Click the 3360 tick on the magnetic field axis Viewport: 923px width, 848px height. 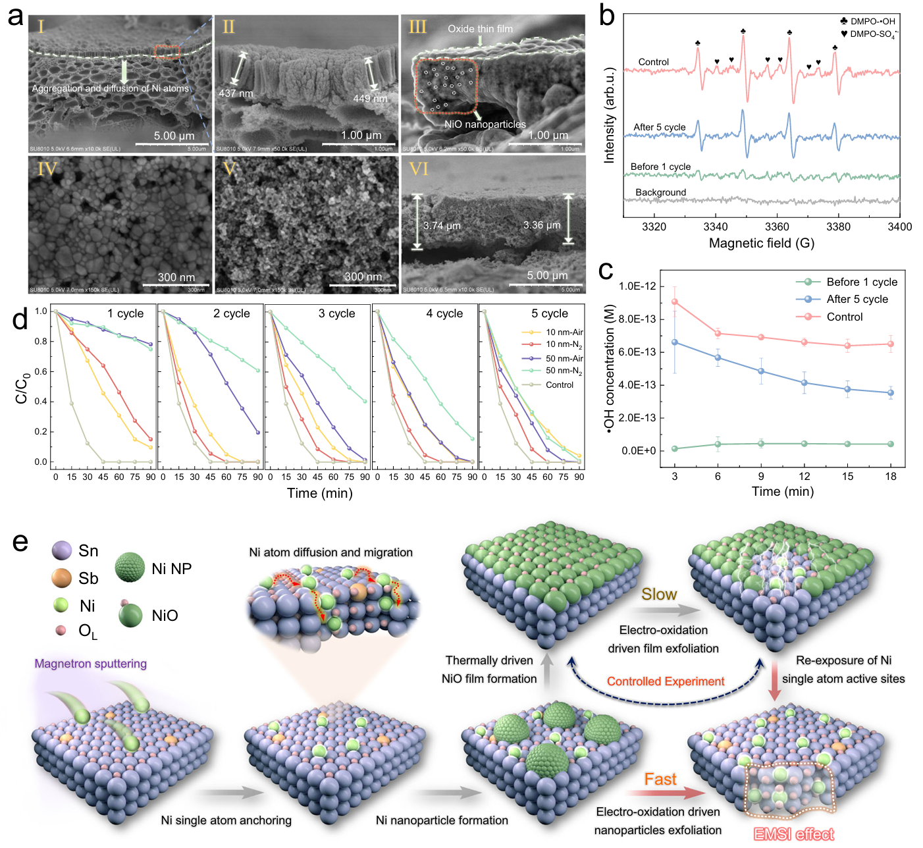click(x=777, y=226)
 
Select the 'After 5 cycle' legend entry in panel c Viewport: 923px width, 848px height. click(x=857, y=300)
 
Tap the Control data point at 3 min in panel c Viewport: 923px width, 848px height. click(x=675, y=302)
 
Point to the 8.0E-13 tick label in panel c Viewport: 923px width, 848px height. click(x=637, y=319)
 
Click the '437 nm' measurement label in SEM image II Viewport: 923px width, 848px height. click(x=236, y=93)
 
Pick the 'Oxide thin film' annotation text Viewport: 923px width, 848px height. click(x=480, y=29)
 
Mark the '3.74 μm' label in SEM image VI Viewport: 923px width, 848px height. click(x=442, y=226)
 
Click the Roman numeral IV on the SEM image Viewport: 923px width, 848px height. click(x=47, y=170)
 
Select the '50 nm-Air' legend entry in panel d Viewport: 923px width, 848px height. click(x=564, y=358)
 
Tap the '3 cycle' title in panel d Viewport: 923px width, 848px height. click(x=336, y=314)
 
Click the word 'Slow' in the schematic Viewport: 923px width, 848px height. click(x=659, y=595)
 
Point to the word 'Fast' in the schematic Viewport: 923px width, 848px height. click(x=660, y=780)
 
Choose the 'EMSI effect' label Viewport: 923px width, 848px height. click(x=794, y=835)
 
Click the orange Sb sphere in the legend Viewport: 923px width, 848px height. click(x=61, y=578)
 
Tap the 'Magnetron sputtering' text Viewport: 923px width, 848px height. click(x=91, y=664)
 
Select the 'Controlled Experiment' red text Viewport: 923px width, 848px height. click(x=666, y=681)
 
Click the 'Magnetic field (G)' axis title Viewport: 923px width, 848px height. click(x=762, y=244)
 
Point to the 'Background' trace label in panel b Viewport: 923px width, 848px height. click(x=660, y=193)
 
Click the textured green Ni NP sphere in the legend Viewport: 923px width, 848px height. click(x=130, y=568)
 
